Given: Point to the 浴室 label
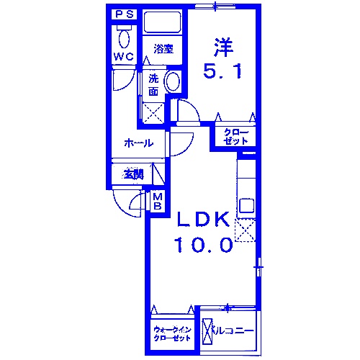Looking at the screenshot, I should pyautogui.click(x=163, y=50).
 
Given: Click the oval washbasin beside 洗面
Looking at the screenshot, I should pyautogui.click(x=174, y=82).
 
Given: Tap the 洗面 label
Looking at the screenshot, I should pyautogui.click(x=154, y=85).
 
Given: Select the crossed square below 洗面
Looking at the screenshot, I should pyautogui.click(x=153, y=112).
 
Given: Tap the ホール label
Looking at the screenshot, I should pyautogui.click(x=138, y=143).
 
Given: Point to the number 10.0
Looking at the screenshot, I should pyautogui.click(x=202, y=245).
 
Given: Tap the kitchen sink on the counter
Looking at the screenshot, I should pyautogui.click(x=246, y=204).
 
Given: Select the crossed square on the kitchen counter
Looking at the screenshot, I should pyautogui.click(x=246, y=230).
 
